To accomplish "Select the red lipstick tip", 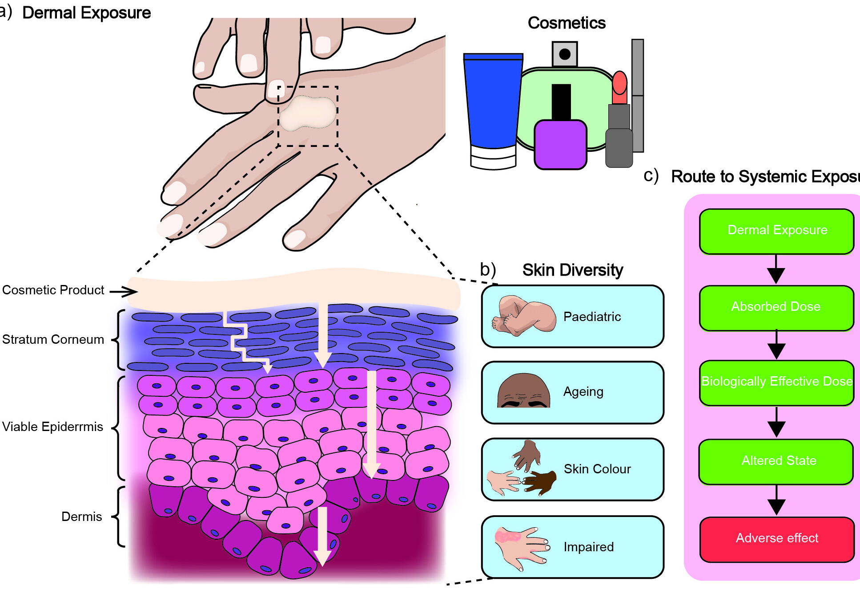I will click(619, 82).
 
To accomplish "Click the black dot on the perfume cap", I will click(565, 54).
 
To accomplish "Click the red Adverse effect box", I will click(777, 538).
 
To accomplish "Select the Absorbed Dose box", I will click(776, 307).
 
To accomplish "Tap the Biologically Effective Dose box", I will click(776, 382).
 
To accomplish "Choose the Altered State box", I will click(776, 461).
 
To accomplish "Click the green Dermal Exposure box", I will click(776, 231).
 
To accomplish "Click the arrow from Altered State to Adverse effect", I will click(776, 500).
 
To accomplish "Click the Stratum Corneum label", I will click(53, 340).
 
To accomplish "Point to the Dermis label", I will click(81, 517).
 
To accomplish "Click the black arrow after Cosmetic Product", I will click(124, 292).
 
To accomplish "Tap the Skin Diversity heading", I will click(572, 270).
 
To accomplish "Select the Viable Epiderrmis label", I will click(52, 427).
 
